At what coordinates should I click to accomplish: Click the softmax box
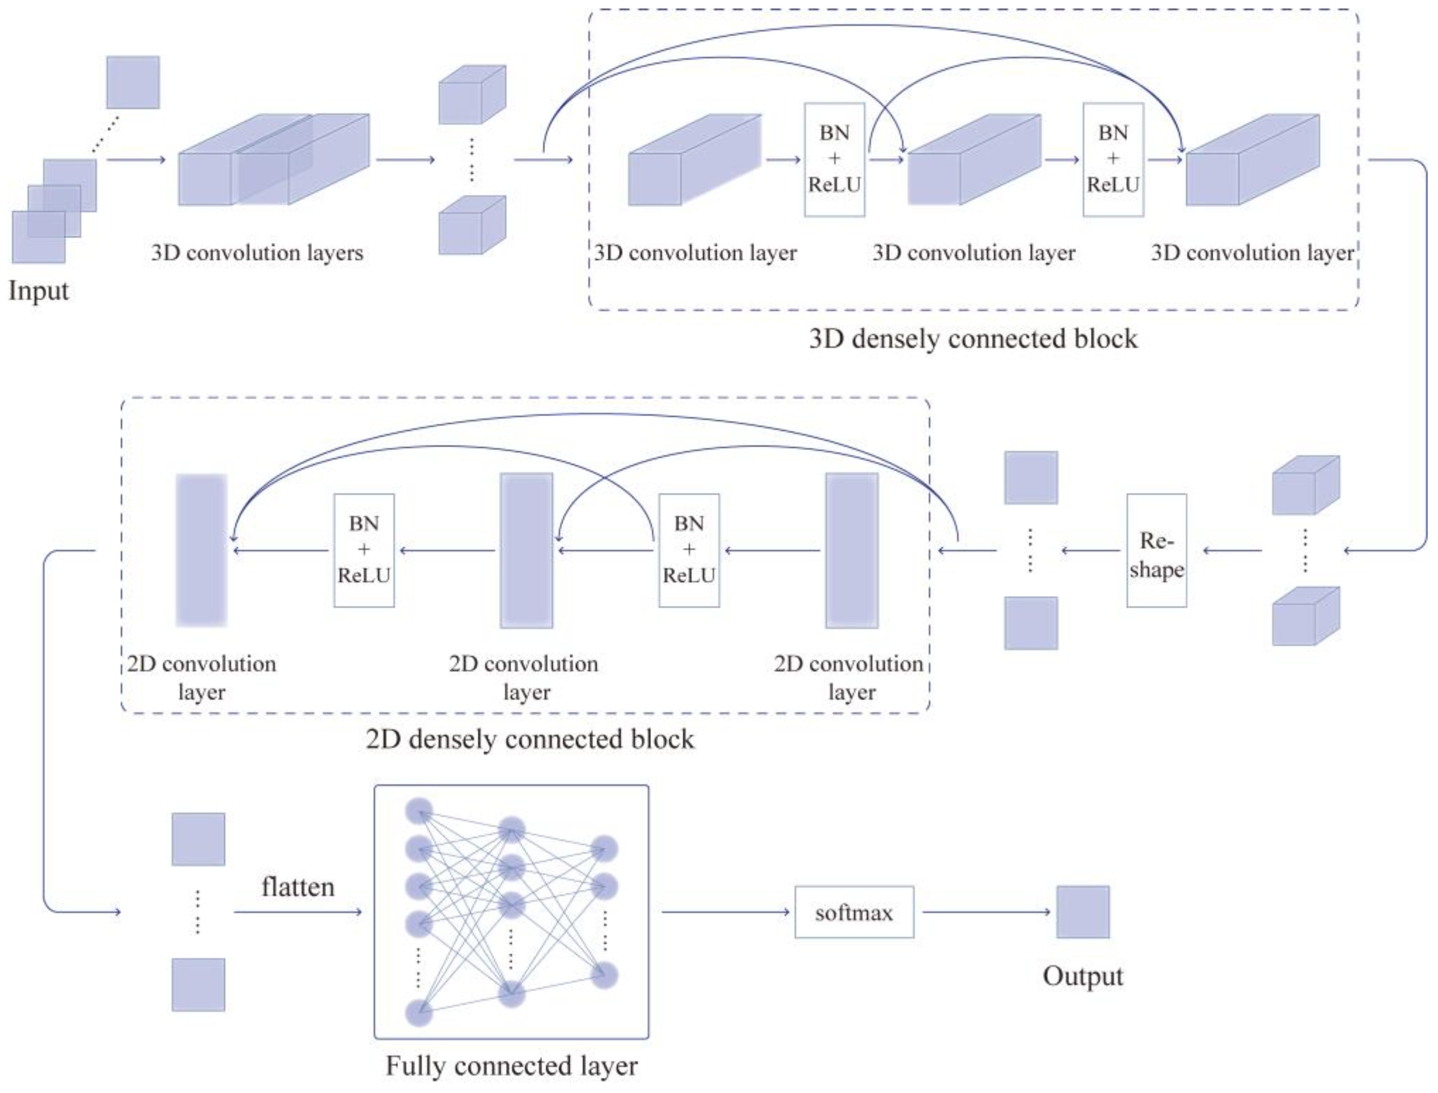[854, 912]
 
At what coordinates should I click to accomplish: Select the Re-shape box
[1156, 550]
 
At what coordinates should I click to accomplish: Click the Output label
[1083, 976]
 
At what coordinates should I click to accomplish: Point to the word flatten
[298, 887]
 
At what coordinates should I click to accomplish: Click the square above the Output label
[1083, 911]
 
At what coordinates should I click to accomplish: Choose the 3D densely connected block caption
[973, 339]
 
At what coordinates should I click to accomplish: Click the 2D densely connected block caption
[530, 739]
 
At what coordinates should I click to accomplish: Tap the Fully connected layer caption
[512, 1066]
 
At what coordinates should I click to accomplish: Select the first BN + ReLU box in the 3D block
[834, 160]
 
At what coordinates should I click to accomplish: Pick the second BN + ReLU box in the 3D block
[1113, 160]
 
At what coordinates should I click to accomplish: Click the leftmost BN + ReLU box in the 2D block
[364, 550]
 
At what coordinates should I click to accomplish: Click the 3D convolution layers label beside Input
[257, 252]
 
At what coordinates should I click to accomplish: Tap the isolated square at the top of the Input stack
[133, 82]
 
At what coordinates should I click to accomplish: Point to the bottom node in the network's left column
[419, 1013]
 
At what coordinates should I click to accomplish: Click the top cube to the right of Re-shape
[1305, 485]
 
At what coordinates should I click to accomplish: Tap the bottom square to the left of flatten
[199, 984]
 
